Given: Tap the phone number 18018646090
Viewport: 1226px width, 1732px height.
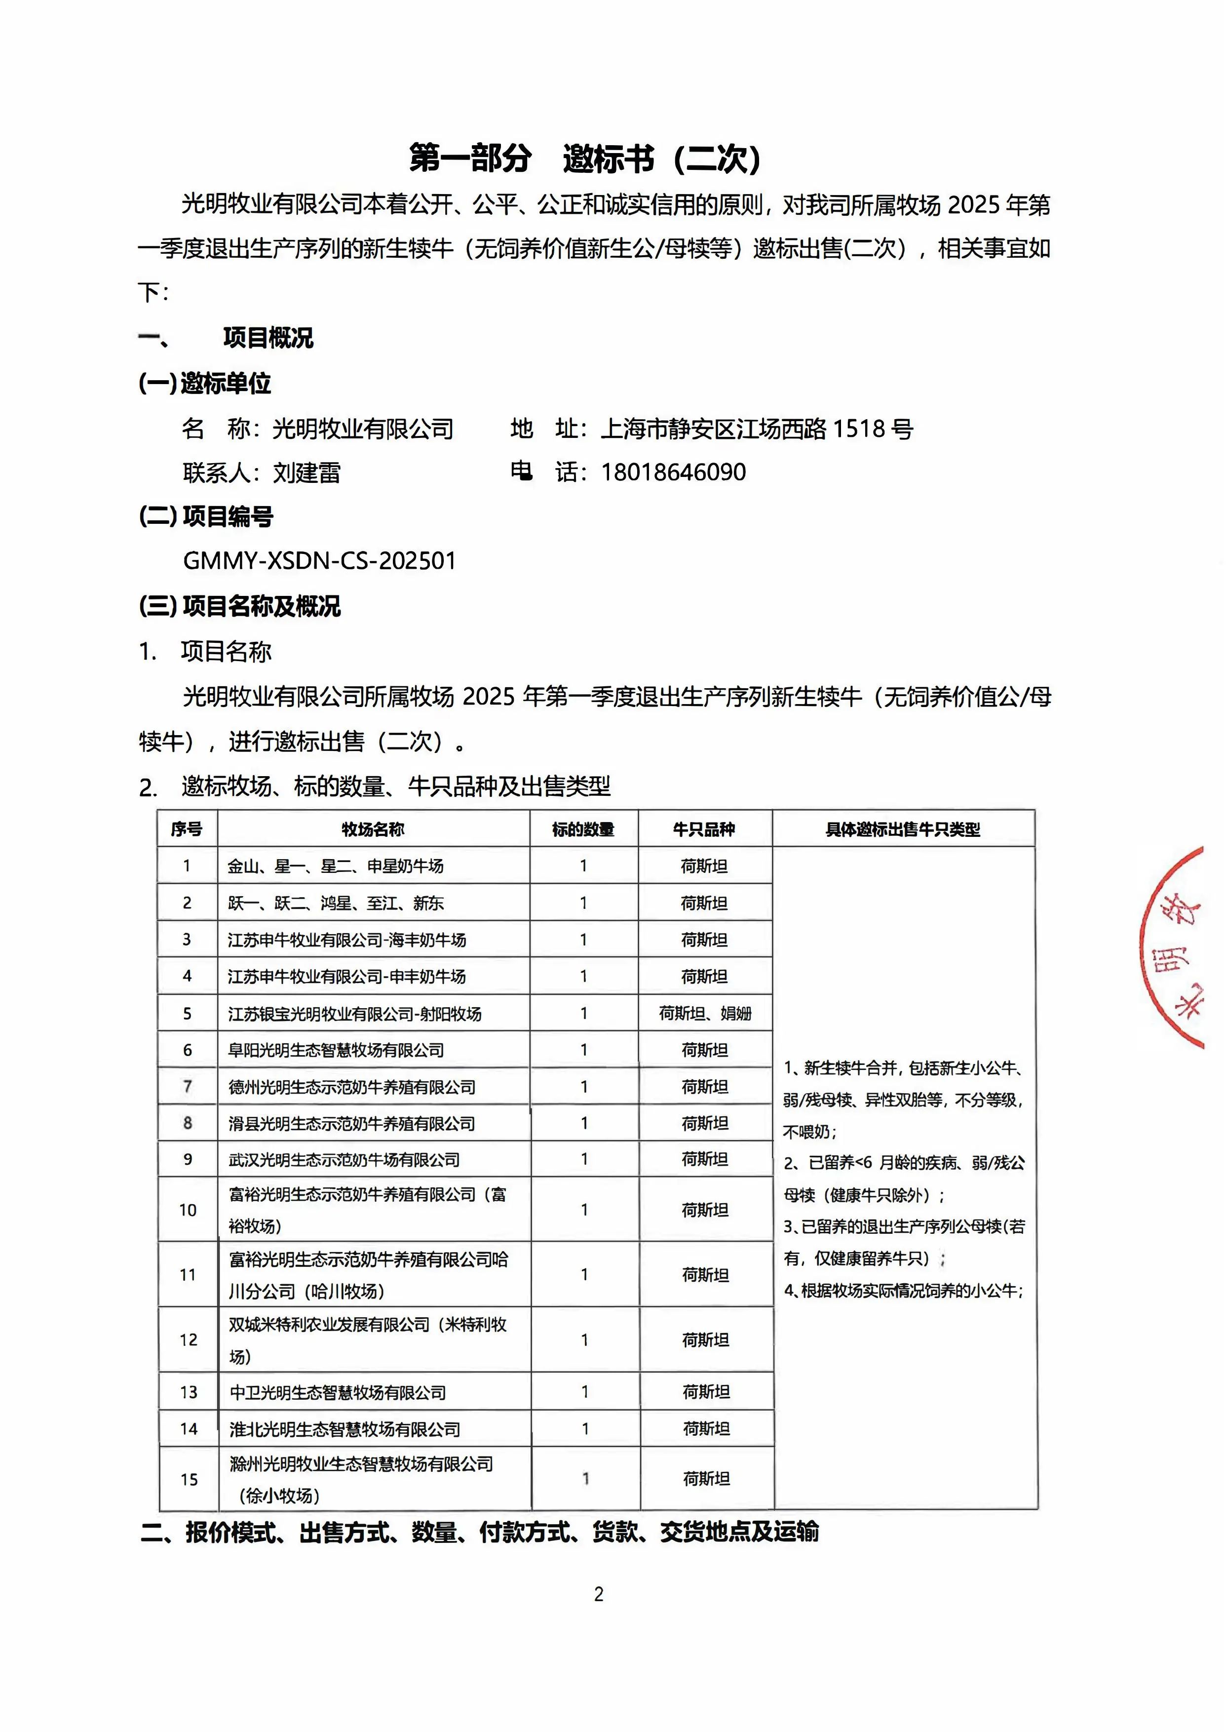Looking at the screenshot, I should click(x=673, y=472).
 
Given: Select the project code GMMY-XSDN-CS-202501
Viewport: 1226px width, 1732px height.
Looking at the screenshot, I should click(x=319, y=561).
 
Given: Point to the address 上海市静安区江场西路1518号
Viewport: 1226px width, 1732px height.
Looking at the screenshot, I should click(x=757, y=429).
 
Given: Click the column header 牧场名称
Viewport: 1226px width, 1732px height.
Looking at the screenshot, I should click(x=373, y=829).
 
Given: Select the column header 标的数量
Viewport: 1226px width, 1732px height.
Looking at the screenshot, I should click(x=583, y=829).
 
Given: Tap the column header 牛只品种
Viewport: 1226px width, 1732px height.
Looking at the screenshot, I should click(x=704, y=829).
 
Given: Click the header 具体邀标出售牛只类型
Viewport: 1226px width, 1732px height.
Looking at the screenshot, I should click(x=902, y=829).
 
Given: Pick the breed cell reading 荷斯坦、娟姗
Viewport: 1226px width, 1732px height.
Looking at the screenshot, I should click(x=704, y=1013).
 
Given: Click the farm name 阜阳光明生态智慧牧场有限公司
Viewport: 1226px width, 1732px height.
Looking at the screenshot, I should click(x=336, y=1050).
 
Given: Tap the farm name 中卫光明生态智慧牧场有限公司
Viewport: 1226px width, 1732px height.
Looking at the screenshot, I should click(x=338, y=1392).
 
